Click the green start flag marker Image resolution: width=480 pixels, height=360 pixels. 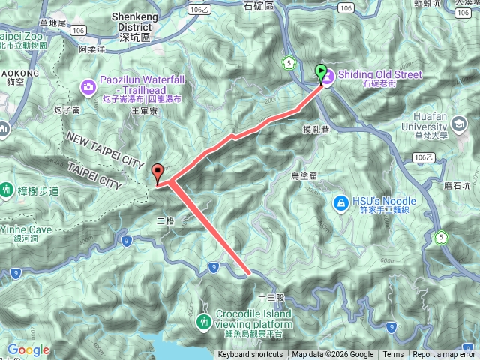coord(322,73)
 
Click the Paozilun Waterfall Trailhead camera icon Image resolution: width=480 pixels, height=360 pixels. coord(89,88)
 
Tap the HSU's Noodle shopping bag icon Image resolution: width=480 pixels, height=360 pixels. coord(340,202)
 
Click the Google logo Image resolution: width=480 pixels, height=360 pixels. coord(28,349)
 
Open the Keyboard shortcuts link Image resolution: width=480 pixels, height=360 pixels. coord(250,355)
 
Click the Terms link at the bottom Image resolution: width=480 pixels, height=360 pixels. coord(393,355)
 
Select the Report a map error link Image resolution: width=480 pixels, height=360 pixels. coord(445,355)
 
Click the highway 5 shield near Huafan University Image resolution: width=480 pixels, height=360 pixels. coord(441,238)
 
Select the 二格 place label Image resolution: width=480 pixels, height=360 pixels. coord(166,220)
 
